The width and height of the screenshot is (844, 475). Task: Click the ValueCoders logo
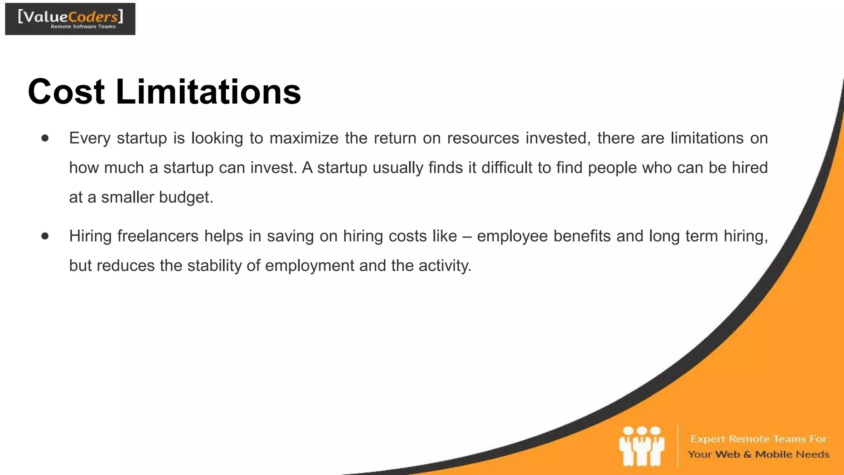70,19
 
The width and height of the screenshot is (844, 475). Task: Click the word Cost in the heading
66,92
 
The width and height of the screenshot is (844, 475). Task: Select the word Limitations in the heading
208,92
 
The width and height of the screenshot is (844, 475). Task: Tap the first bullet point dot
45,138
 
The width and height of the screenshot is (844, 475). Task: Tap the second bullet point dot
45,236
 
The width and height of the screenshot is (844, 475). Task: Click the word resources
483,138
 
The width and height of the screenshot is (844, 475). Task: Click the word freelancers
158,236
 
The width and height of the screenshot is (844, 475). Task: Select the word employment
309,266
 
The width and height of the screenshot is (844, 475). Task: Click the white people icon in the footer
641,447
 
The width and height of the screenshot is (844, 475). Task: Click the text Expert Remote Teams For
758,439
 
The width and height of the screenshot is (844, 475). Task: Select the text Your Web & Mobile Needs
758,454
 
